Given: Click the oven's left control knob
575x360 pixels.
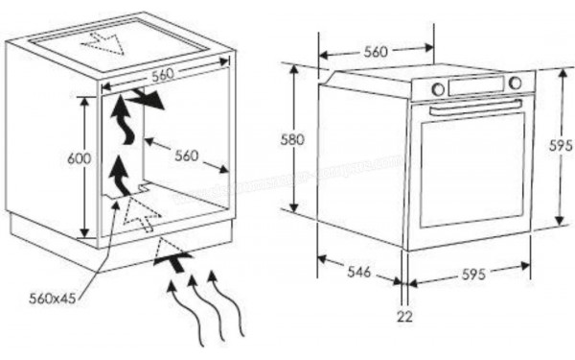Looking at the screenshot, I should pyautogui.click(x=438, y=89).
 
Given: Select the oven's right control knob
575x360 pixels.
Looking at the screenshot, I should pyautogui.click(x=516, y=83).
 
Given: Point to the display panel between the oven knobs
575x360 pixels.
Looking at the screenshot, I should pyautogui.click(x=476, y=85).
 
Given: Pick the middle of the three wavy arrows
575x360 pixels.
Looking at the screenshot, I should pyautogui.click(x=195, y=307).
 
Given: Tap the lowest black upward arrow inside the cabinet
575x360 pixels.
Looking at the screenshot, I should pyautogui.click(x=120, y=175).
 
